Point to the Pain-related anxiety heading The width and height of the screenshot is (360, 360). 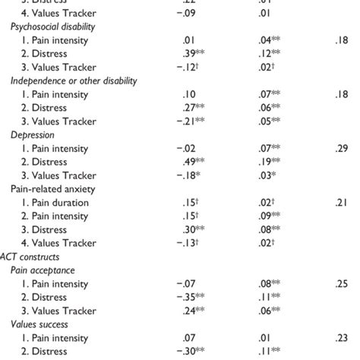click(49, 188)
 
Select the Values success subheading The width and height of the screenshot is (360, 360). click(38, 324)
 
